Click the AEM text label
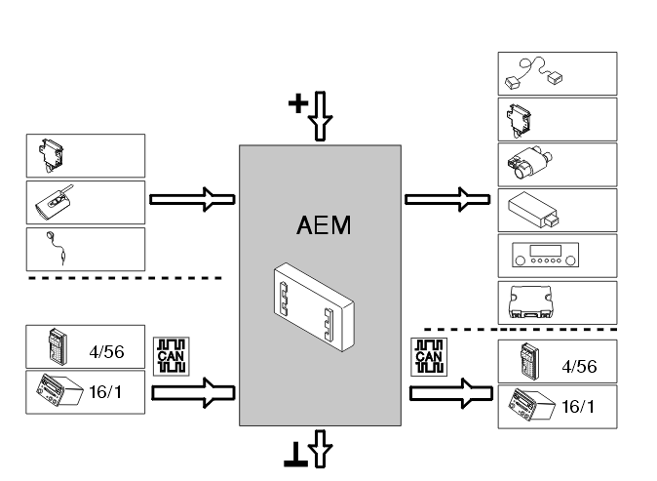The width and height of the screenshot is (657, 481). (x=324, y=225)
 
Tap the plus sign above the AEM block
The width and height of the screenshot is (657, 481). (x=298, y=103)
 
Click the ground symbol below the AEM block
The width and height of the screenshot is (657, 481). (x=295, y=455)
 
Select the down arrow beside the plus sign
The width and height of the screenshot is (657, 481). (x=320, y=116)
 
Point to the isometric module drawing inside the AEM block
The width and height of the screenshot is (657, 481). (x=314, y=307)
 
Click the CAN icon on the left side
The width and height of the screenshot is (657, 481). (x=171, y=356)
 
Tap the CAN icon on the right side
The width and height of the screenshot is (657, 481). (x=429, y=357)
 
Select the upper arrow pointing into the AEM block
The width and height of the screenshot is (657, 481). (x=192, y=199)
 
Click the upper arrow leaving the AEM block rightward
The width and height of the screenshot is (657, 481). (x=447, y=199)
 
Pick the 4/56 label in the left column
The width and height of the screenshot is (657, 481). (x=106, y=352)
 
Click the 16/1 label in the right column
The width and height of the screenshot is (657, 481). (x=577, y=406)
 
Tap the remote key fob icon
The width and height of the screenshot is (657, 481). (x=55, y=202)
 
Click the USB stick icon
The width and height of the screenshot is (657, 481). (x=533, y=210)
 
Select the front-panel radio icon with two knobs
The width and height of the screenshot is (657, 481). (x=545, y=255)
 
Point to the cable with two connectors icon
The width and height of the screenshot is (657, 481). (x=534, y=73)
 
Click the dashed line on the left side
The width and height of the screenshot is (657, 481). (x=125, y=278)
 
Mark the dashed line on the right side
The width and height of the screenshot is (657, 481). (x=521, y=329)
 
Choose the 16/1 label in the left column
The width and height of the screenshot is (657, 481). (x=105, y=392)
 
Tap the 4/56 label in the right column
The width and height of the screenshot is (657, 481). (x=579, y=367)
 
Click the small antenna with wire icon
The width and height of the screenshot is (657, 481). (x=57, y=248)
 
